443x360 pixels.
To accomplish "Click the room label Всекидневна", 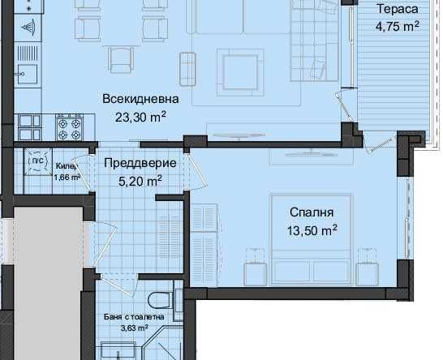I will tap(140, 100).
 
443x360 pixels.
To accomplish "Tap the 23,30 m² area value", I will tap(140, 116).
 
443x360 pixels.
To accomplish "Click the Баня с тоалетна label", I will tap(134, 317).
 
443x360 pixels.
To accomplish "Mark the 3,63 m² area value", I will tap(134, 328).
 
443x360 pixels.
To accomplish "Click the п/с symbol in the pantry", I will tap(37, 161).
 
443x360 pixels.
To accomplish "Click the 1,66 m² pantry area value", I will tap(67, 178).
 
